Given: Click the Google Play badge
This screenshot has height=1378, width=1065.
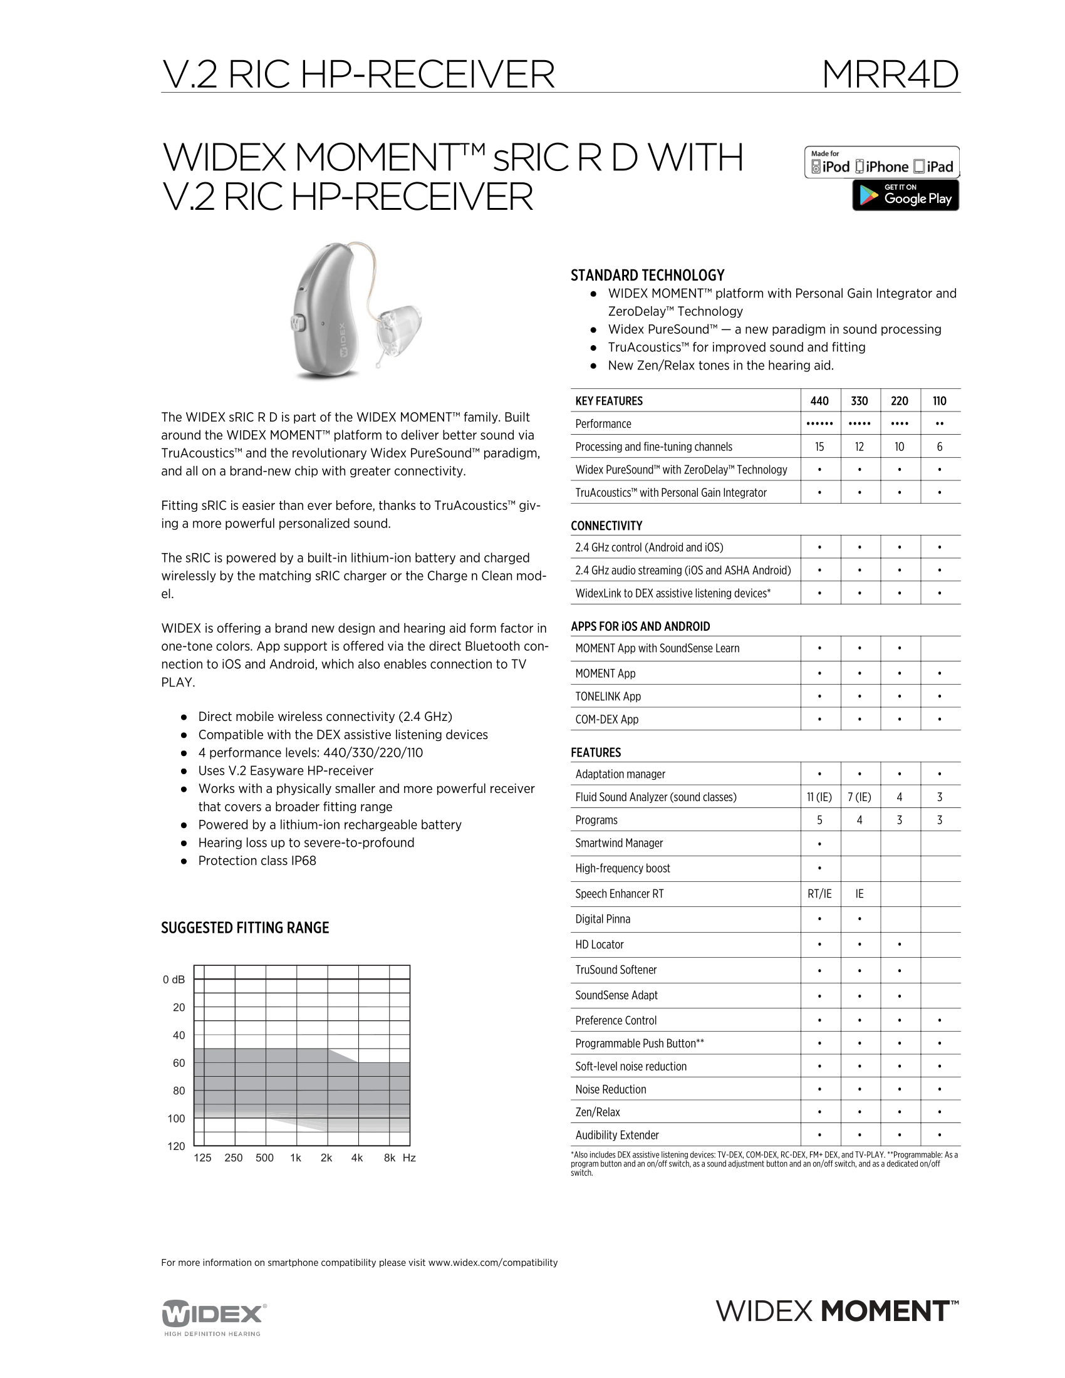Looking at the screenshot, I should pos(905,195).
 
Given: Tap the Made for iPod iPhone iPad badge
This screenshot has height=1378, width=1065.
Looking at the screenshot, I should pos(881,162).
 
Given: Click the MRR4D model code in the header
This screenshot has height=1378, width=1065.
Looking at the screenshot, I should pos(890,75).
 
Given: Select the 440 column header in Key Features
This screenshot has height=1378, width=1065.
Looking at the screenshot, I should pos(819,401).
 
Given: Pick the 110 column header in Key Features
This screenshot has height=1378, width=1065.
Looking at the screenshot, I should pos(940,401).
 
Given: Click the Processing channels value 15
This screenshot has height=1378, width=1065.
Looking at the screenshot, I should pos(819,447).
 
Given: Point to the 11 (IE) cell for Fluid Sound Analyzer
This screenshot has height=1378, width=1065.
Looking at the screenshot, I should pos(819,797).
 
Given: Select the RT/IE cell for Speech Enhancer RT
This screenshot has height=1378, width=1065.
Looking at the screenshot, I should pos(819,893).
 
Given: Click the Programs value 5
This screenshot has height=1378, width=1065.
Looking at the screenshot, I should pos(819,820).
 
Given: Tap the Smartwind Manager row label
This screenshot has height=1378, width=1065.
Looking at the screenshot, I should pos(618,843).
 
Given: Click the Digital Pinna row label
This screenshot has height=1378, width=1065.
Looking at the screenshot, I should pos(602,919).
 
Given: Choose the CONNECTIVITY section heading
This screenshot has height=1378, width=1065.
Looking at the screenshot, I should pos(606,526).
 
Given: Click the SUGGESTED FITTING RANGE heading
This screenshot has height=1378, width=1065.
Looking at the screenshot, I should pos(245,928).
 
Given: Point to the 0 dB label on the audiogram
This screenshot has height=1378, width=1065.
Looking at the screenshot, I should pos(174,980).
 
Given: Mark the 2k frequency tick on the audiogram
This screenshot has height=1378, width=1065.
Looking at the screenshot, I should pos(326,1158).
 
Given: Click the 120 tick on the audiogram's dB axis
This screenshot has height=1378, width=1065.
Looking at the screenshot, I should pos(177,1146).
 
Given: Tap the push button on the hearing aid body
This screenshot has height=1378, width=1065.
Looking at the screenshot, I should pos(298,323).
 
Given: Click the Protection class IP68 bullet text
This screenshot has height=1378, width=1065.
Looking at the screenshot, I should pos(257,861).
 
